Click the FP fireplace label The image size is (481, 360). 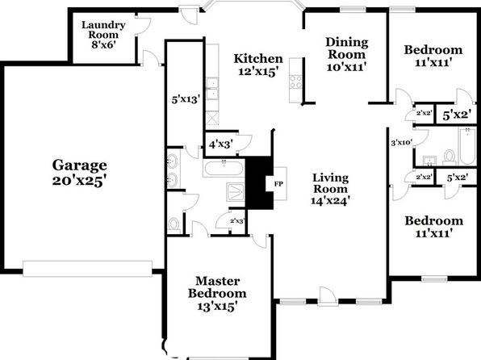tap(278, 184)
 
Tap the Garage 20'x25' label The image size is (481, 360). tap(79, 173)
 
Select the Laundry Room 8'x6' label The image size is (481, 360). tap(103, 35)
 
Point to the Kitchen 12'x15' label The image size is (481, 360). tap(258, 65)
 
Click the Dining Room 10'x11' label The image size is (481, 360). tap(347, 54)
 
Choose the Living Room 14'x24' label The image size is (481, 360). tap(330, 189)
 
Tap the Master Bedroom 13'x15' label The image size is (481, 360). tap(217, 294)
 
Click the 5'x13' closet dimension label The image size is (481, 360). tap(186, 99)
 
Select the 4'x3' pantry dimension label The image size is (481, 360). tap(220, 144)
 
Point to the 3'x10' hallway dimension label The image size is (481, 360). tap(402, 142)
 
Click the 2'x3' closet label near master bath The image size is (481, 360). tap(236, 220)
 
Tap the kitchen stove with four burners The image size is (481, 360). tap(296, 82)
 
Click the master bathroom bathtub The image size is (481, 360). tap(224, 168)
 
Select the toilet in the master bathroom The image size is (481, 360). tap(174, 225)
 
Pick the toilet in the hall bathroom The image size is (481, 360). tap(450, 157)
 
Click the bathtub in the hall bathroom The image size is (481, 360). tap(467, 147)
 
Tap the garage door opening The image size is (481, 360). tap(87, 269)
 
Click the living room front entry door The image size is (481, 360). tap(328, 296)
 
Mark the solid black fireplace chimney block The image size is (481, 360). tap(259, 183)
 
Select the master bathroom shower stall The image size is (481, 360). tap(236, 192)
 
